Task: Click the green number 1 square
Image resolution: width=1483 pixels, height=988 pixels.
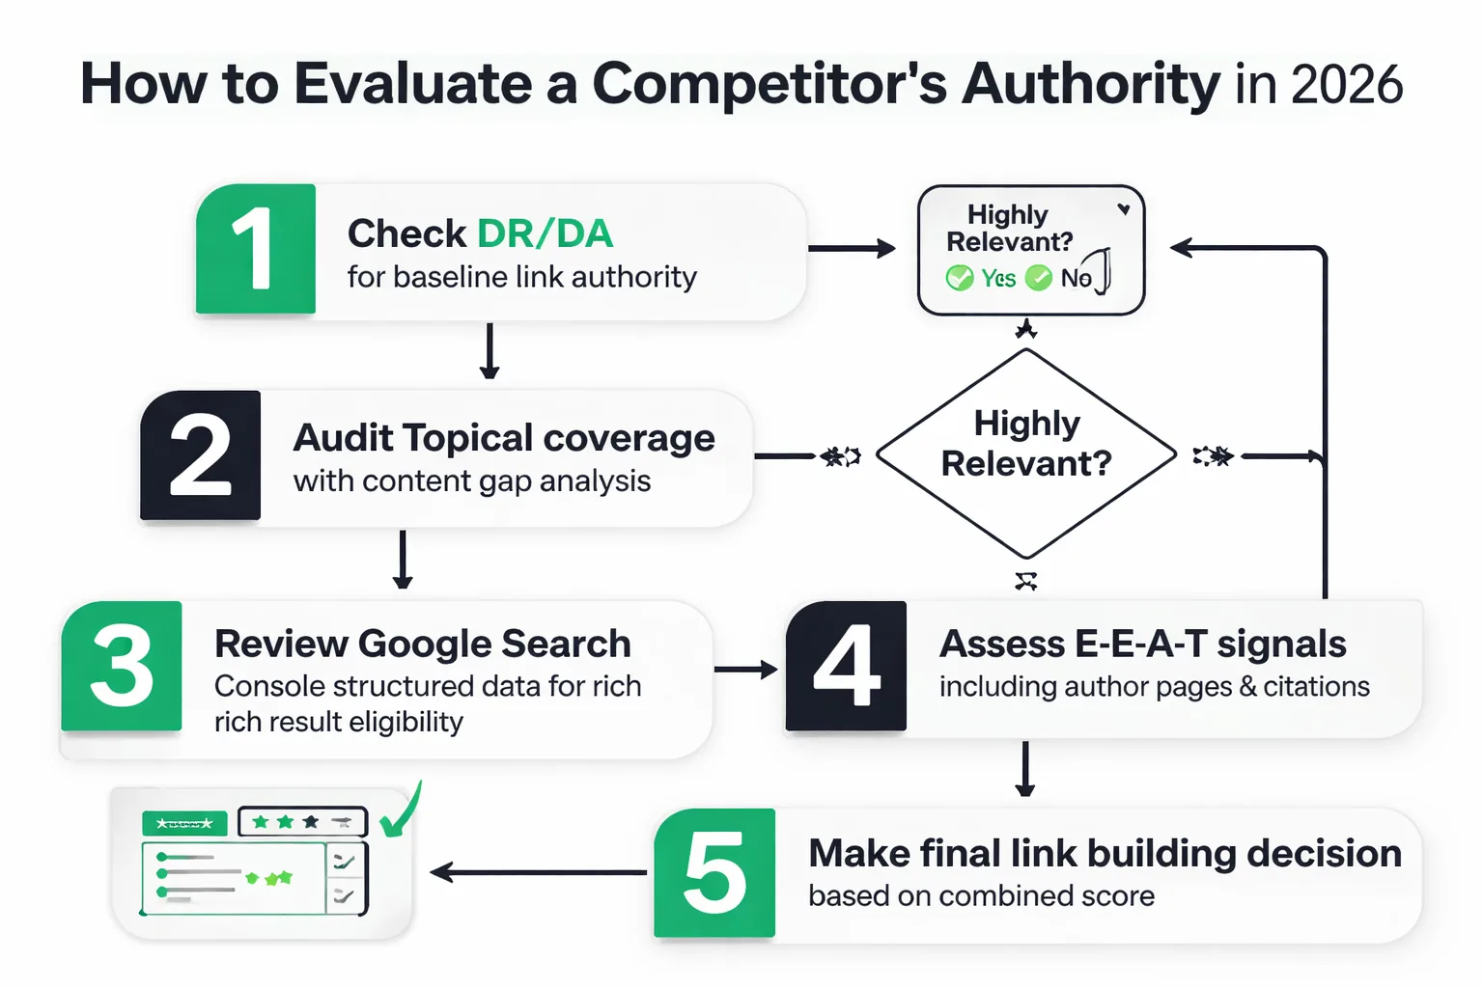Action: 255,249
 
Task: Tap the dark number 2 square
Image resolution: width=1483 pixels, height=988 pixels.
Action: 200,455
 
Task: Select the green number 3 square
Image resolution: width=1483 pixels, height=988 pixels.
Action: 122,666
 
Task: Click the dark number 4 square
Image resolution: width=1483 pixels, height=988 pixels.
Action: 846,666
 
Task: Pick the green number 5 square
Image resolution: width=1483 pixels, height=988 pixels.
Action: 714,873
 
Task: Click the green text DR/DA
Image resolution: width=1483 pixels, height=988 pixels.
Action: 545,233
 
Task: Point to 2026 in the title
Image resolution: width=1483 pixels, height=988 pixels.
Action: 1346,85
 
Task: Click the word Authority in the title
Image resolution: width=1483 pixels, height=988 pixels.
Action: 1091,85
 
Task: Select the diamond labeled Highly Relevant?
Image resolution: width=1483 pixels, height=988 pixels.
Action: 1025,453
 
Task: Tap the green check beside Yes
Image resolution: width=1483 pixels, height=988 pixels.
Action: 960,279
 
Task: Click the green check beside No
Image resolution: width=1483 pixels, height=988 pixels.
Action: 1039,279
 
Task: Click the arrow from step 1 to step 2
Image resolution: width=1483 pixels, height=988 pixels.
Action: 490,351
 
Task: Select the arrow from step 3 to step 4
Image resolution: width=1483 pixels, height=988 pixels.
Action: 745,670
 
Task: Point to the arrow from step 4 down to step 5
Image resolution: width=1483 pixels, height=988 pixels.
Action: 1025,769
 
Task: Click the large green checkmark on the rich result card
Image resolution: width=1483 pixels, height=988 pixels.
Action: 402,810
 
